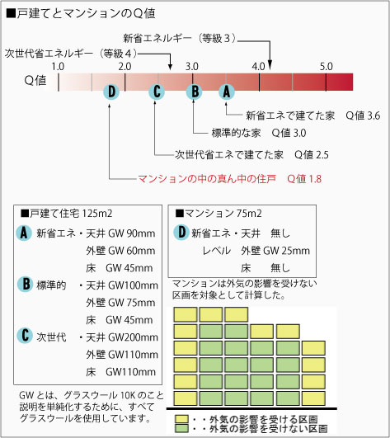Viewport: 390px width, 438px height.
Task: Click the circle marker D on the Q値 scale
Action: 111,92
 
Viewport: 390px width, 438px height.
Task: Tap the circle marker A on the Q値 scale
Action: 227,92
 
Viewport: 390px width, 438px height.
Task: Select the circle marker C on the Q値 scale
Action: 157,92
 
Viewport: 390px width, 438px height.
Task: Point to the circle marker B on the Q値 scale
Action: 195,92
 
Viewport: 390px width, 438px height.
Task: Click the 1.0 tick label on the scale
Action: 58,67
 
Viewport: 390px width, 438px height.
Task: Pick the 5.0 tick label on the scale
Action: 327,67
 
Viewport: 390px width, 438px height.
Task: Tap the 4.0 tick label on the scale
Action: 259,67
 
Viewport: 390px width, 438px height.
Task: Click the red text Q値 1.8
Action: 304,179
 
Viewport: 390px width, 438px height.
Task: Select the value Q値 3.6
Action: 363,115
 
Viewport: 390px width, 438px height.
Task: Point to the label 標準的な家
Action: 236,133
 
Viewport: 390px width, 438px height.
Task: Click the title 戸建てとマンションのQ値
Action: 81,13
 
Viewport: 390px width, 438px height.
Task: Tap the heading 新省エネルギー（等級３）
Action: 180,38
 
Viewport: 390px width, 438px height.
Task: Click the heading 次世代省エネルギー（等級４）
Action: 71,54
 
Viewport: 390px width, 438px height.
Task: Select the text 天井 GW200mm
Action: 122,337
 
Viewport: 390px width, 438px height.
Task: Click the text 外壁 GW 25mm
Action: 275,251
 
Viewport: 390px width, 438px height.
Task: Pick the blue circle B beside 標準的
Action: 26,284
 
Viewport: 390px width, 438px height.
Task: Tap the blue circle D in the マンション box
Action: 181,232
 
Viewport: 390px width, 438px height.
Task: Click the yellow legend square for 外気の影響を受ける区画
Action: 181,419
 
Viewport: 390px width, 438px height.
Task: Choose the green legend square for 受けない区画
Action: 181,428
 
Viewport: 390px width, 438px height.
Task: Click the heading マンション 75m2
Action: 218,214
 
